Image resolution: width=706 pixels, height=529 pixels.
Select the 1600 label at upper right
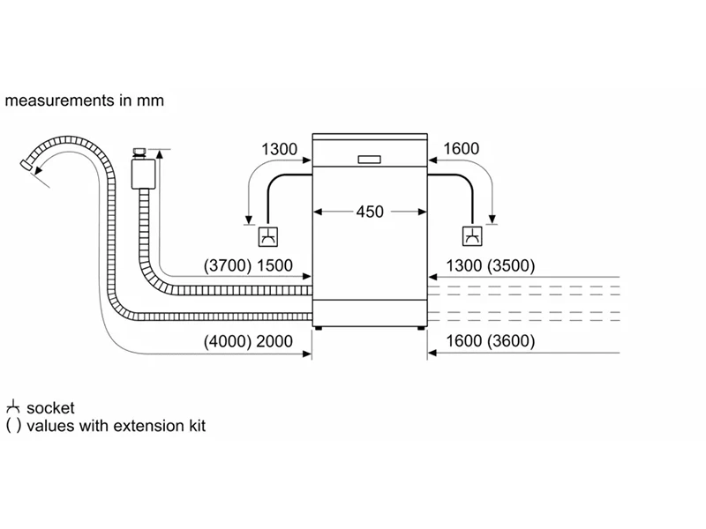(462, 149)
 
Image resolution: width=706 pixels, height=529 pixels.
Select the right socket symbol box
(473, 236)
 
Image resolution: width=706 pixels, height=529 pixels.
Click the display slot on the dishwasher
(370, 160)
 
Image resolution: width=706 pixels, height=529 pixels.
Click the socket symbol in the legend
(12, 408)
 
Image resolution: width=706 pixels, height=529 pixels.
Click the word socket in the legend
(50, 408)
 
